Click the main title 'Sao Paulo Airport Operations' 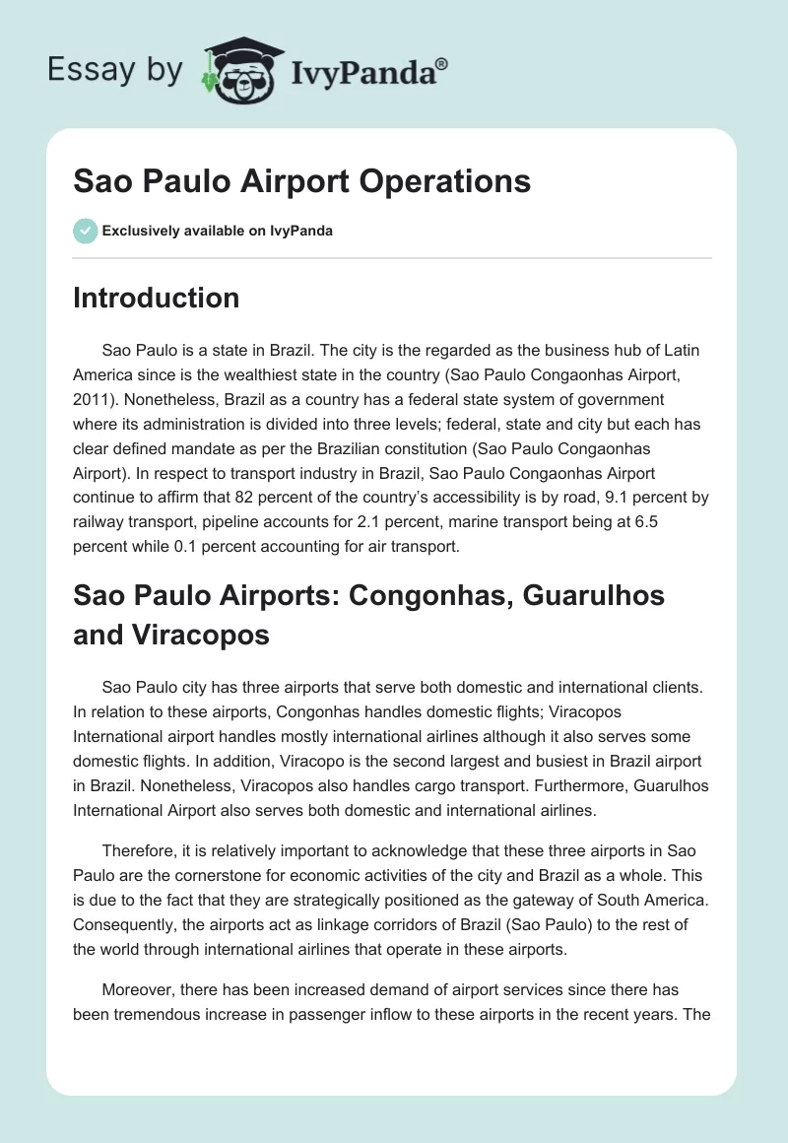pos(301,181)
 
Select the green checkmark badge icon pos(85,231)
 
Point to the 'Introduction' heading pos(156,298)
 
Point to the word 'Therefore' pos(141,850)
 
